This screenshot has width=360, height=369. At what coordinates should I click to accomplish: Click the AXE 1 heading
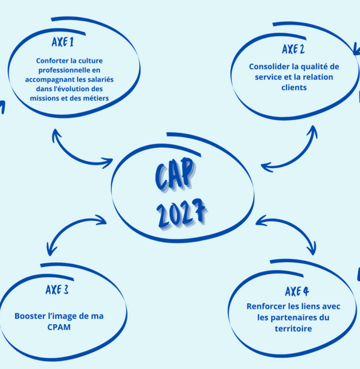[x=63, y=42]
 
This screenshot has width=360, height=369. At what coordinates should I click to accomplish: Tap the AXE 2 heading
[x=294, y=49]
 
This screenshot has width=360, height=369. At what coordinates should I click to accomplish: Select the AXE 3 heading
[x=57, y=290]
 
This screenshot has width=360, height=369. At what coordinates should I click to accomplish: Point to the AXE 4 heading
[x=297, y=291]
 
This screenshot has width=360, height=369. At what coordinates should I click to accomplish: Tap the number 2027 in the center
[x=182, y=213]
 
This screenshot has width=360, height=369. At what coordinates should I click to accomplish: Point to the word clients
[x=294, y=88]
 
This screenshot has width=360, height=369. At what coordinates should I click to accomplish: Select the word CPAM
[x=59, y=327]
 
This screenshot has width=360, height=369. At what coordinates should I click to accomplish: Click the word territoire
[x=293, y=329]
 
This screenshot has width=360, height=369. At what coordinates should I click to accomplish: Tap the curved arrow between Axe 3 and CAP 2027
[x=66, y=225]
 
